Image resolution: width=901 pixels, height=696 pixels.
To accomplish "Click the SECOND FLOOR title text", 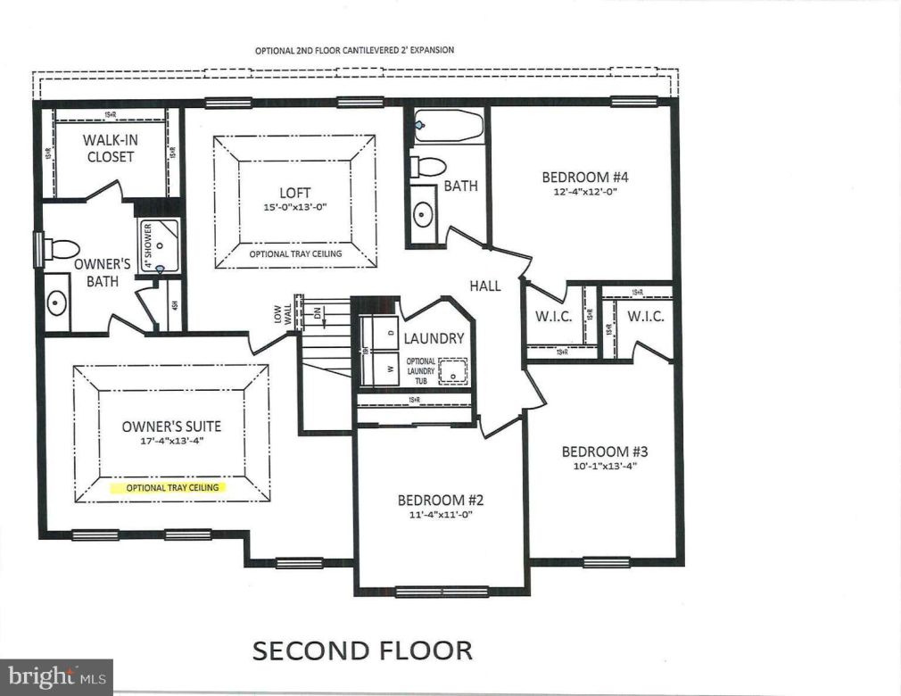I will (362, 650).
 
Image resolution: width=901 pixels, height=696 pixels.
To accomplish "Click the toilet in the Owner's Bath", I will (62, 248).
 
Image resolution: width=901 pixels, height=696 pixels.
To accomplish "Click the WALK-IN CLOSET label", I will (110, 148).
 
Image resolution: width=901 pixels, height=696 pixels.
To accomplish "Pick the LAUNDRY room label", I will (434, 338).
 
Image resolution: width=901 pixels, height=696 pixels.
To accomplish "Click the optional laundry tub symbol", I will (453, 369).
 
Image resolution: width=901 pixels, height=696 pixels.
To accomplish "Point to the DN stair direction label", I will (318, 313).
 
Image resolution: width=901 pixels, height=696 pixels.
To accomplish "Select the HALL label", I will (486, 286).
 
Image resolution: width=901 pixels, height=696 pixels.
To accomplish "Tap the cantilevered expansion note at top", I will (354, 50).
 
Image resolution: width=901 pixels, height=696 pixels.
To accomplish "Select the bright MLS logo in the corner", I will (55, 677).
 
